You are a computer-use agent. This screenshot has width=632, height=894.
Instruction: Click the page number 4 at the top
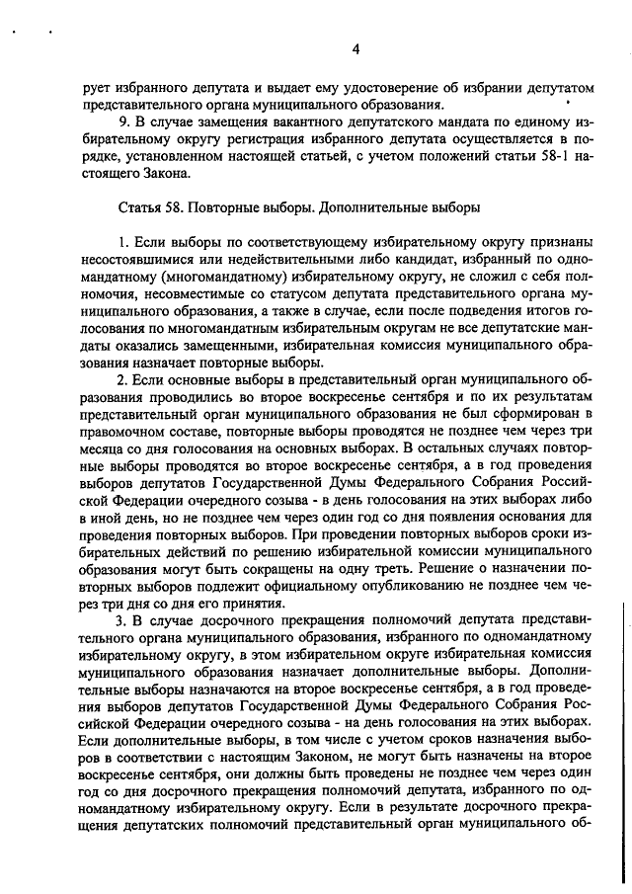355,50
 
